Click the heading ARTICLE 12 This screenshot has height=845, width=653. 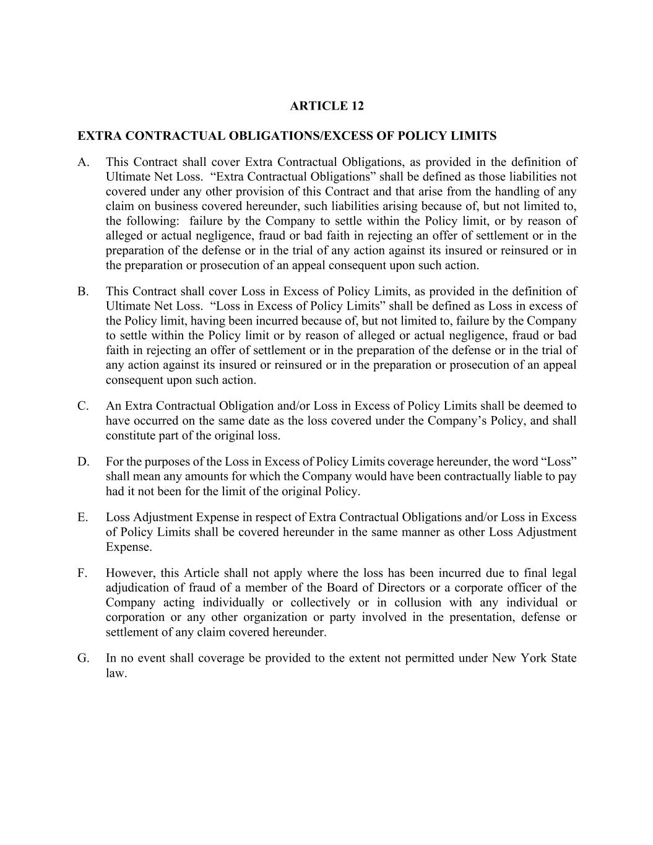pyautogui.click(x=327, y=106)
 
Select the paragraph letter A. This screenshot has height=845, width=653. pyautogui.click(x=83, y=162)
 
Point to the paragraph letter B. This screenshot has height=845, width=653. pyautogui.click(x=83, y=292)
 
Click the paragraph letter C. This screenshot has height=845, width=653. pyautogui.click(x=83, y=406)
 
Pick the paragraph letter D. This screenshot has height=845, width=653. pyautogui.click(x=83, y=462)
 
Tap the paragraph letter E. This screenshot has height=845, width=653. pyautogui.click(x=83, y=518)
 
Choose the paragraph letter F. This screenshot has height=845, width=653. pyautogui.click(x=82, y=573)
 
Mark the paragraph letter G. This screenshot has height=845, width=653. pyautogui.click(x=83, y=658)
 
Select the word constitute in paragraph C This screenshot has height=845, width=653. pyautogui.click(x=131, y=436)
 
